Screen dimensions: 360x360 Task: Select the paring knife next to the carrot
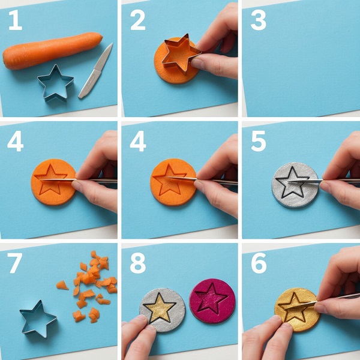pos(95,71)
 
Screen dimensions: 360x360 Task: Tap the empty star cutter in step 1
pos(56,83)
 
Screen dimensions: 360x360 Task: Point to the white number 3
pos(259,20)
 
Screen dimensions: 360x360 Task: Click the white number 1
pos(16,20)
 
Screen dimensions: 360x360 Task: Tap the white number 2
pos(138,20)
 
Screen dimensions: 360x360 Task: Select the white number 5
pos(259,141)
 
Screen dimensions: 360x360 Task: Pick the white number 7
pos(14,263)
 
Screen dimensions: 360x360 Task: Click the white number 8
pos(138,263)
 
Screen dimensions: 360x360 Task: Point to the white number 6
pos(259,263)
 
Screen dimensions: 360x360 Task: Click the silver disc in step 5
pos(295,185)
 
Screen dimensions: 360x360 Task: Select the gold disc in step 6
pos(297,309)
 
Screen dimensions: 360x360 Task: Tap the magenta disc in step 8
pos(212,301)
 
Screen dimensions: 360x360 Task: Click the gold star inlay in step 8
pos(160,308)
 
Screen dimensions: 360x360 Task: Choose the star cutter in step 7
pos(37,319)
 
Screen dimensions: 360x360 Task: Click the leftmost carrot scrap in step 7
pos(62,285)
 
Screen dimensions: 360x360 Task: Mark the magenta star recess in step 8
pos(211,299)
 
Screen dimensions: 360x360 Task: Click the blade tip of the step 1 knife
pos(112,43)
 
